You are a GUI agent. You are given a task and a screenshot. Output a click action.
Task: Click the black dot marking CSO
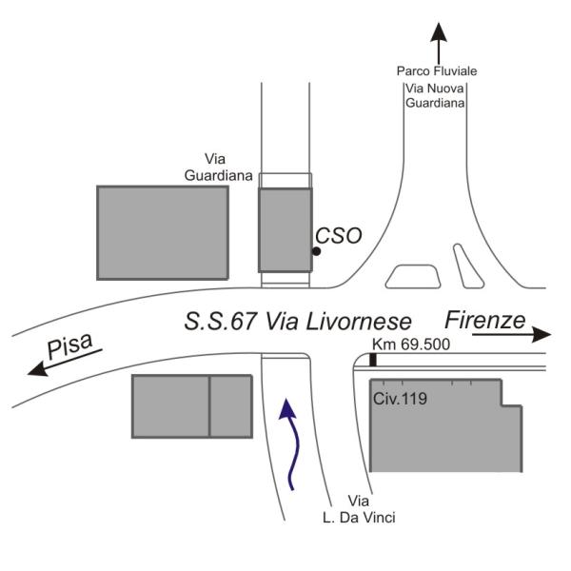coord(317,251)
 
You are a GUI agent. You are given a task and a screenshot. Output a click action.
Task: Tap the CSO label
coord(338,236)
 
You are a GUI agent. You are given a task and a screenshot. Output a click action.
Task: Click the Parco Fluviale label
coord(437,71)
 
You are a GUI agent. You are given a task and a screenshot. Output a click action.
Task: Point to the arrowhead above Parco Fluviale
coord(439,31)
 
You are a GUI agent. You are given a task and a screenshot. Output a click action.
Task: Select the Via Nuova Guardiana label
coord(435,96)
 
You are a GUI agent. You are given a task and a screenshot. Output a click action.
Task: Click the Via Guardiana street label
coord(218,167)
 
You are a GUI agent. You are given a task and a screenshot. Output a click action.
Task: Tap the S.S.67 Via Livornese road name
coord(298,322)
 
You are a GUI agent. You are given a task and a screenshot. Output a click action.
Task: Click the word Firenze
coord(485,321)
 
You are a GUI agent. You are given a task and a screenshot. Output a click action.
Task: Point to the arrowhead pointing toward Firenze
coord(541,334)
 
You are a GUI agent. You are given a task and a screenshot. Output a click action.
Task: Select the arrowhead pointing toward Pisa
coord(38,368)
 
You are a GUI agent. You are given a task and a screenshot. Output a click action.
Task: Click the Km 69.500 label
coord(411,345)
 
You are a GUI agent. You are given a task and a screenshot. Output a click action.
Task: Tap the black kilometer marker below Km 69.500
coord(373,360)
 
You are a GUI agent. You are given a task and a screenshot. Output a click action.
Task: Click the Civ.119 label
coord(400,399)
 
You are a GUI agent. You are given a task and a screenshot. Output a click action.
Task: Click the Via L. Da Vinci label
coord(359,509)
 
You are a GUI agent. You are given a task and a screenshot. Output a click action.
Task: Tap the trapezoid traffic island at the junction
coord(413,277)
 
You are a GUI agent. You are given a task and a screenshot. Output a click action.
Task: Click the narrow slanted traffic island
coord(468,266)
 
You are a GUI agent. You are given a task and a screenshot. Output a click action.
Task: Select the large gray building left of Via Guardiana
coord(163,233)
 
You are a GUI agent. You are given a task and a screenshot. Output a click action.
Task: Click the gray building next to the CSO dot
coord(285,229)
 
